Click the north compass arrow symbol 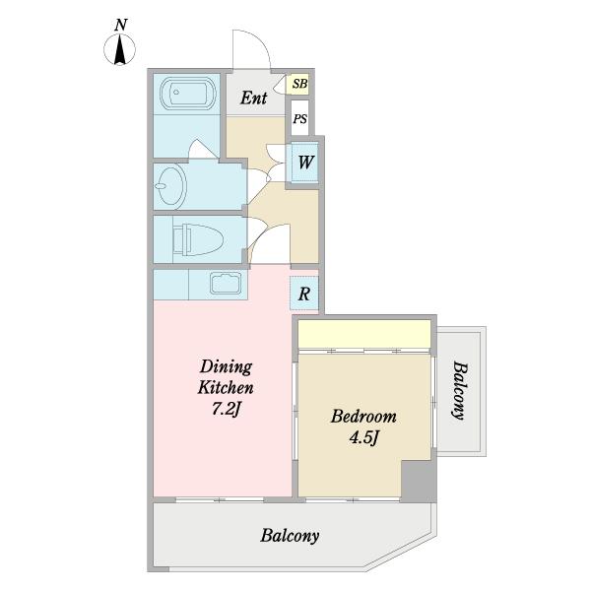pyautogui.click(x=119, y=50)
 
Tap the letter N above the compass pyautogui.click(x=120, y=25)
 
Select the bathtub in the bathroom pyautogui.click(x=188, y=94)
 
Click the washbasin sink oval pyautogui.click(x=170, y=186)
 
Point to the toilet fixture pyautogui.click(x=198, y=239)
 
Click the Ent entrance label pyautogui.click(x=254, y=98)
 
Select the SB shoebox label pyautogui.click(x=300, y=84)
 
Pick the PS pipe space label pyautogui.click(x=300, y=119)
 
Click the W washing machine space pyautogui.click(x=305, y=163)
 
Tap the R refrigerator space pyautogui.click(x=304, y=294)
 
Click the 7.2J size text pyautogui.click(x=226, y=410)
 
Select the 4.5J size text pyautogui.click(x=363, y=438)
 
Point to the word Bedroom pyautogui.click(x=363, y=417)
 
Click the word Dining pyautogui.click(x=226, y=366)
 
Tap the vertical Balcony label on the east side pyautogui.click(x=460, y=390)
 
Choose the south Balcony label pyautogui.click(x=290, y=536)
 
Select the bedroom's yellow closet pyautogui.click(x=364, y=334)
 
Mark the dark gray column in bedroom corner pyautogui.click(x=418, y=482)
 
